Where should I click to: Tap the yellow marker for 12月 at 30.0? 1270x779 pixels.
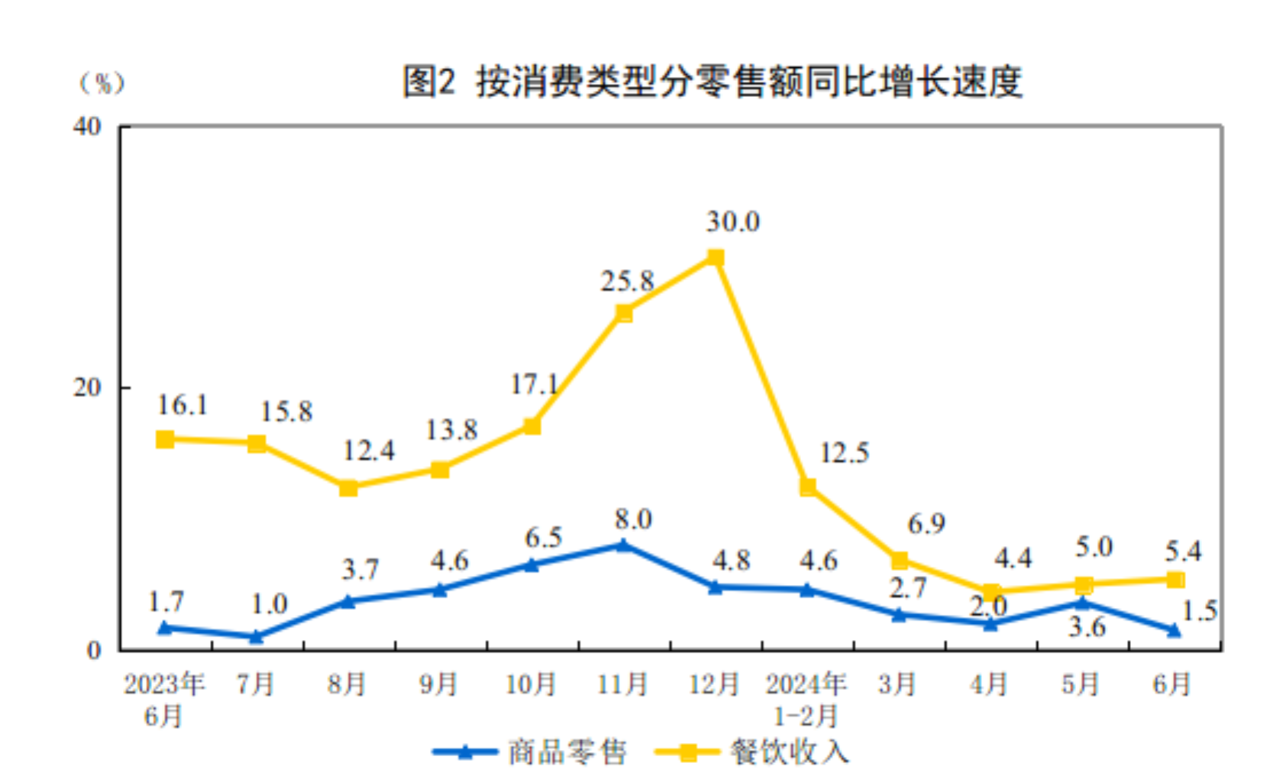(x=715, y=258)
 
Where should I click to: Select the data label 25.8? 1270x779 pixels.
(x=627, y=282)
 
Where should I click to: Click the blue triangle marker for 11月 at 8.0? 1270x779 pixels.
(x=623, y=545)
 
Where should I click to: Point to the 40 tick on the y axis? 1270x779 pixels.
(x=87, y=126)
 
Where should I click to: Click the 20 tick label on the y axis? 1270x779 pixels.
(x=87, y=388)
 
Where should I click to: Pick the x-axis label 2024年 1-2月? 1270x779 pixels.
(x=806, y=700)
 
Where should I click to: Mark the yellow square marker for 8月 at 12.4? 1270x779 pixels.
(x=348, y=487)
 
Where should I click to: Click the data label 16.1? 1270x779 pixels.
(x=183, y=406)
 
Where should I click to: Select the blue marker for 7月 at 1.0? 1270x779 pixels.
(x=257, y=636)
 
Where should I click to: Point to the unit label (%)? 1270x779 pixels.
(x=102, y=82)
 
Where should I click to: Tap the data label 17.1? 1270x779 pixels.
(x=534, y=384)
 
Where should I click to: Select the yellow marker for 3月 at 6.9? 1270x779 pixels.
(x=899, y=561)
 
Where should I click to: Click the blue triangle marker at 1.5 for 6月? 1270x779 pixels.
(x=1175, y=630)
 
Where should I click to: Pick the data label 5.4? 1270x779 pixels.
(x=1183, y=551)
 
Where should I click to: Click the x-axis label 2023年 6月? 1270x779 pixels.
(x=164, y=700)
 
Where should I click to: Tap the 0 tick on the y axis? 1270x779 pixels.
(x=94, y=651)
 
